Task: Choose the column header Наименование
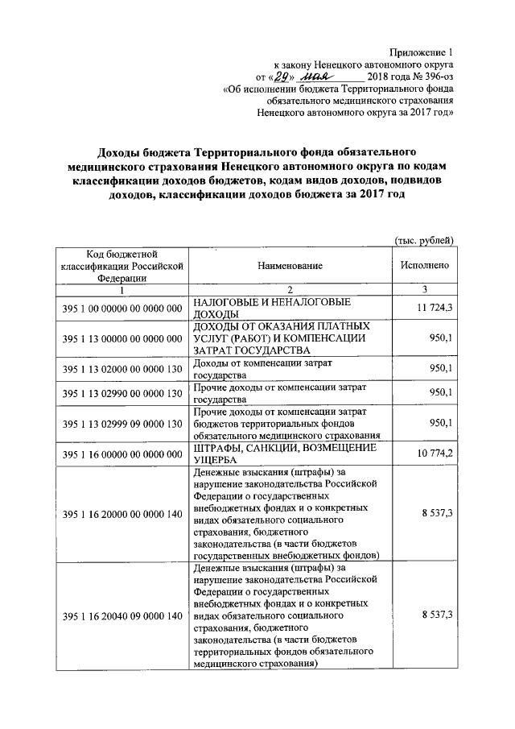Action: pos(290,265)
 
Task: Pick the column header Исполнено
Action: pos(424,265)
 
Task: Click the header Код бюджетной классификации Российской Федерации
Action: pos(122,265)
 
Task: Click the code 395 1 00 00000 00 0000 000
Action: pos(122,309)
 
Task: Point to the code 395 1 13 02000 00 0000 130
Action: pos(122,368)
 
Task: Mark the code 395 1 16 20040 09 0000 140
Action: pos(122,615)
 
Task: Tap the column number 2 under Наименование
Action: pos(290,290)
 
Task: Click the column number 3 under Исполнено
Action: pos(424,290)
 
